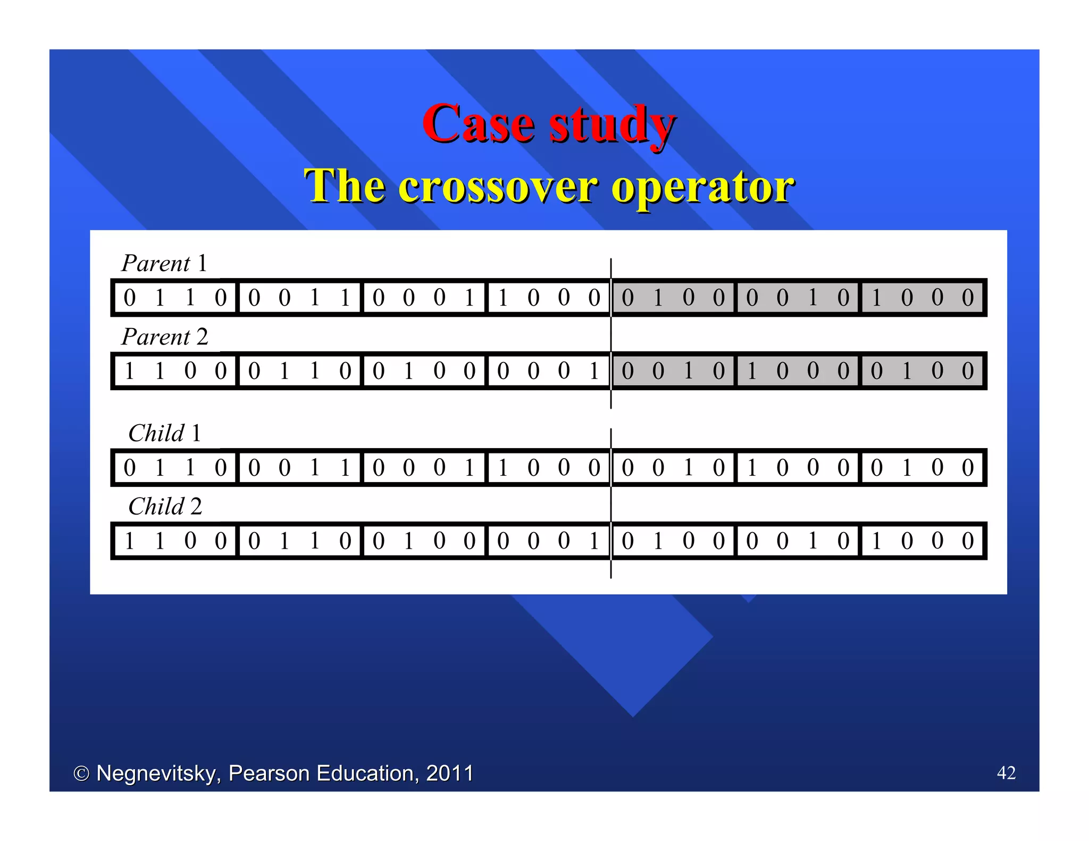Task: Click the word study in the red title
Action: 612,125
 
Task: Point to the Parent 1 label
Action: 164,263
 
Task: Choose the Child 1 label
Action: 165,433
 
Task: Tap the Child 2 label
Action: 165,507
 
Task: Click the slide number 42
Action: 1006,772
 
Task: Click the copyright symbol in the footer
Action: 81,773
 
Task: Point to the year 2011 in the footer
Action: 450,773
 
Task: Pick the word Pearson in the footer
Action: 269,773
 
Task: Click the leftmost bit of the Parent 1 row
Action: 130,298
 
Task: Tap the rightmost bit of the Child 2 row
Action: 968,541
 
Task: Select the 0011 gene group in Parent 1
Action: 299,298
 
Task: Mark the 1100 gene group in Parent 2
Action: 175,371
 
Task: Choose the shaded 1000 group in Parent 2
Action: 797,371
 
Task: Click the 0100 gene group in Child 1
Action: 922,468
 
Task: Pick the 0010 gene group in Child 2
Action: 797,541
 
